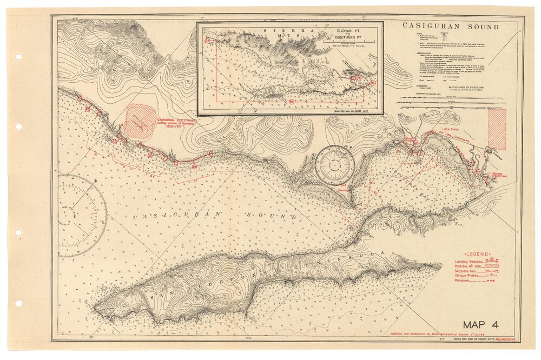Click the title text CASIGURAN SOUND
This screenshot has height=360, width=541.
tap(451, 26)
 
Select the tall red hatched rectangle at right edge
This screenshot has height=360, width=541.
tap(497, 129)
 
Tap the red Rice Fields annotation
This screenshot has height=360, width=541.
tap(451, 130)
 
